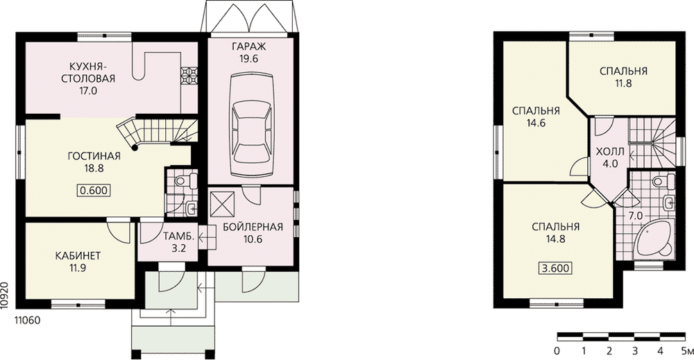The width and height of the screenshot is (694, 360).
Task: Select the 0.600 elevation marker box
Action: pos(94,190)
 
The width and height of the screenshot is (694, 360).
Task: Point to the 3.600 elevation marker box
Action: pos(555,268)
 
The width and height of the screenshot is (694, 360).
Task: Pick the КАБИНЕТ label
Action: pos(78,256)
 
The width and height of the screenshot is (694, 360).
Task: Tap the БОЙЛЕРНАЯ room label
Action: pos(253,228)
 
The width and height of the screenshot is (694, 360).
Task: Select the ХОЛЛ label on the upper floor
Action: pos(610,152)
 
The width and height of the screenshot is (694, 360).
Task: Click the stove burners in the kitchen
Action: pos(189,76)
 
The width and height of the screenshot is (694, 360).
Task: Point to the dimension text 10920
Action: pos(5,293)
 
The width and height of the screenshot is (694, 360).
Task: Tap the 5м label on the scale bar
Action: pos(687,352)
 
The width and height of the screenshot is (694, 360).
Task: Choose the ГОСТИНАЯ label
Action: pos(94,156)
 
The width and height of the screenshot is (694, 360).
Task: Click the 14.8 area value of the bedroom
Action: pos(555,239)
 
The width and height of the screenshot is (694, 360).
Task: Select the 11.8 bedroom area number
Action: pos(623,83)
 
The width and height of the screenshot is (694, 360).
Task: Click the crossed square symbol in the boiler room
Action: pos(222,203)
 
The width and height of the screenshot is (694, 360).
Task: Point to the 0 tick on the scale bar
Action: pos(557,352)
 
